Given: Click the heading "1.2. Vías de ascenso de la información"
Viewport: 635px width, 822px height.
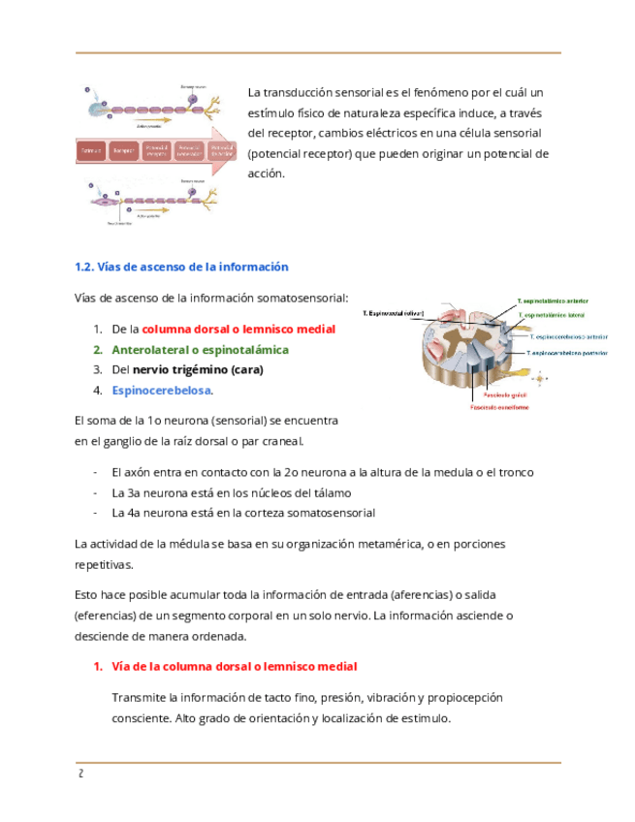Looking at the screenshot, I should (x=181, y=267).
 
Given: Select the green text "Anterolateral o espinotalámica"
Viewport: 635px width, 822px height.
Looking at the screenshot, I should (x=200, y=349).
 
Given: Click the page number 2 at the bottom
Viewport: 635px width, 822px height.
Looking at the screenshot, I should (x=79, y=774).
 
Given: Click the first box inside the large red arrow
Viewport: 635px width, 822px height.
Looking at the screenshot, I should (x=92, y=151).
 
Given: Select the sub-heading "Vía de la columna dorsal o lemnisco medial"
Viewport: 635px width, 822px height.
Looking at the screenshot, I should (x=234, y=667).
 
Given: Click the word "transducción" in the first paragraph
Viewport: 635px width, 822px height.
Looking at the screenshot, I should (x=304, y=93).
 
